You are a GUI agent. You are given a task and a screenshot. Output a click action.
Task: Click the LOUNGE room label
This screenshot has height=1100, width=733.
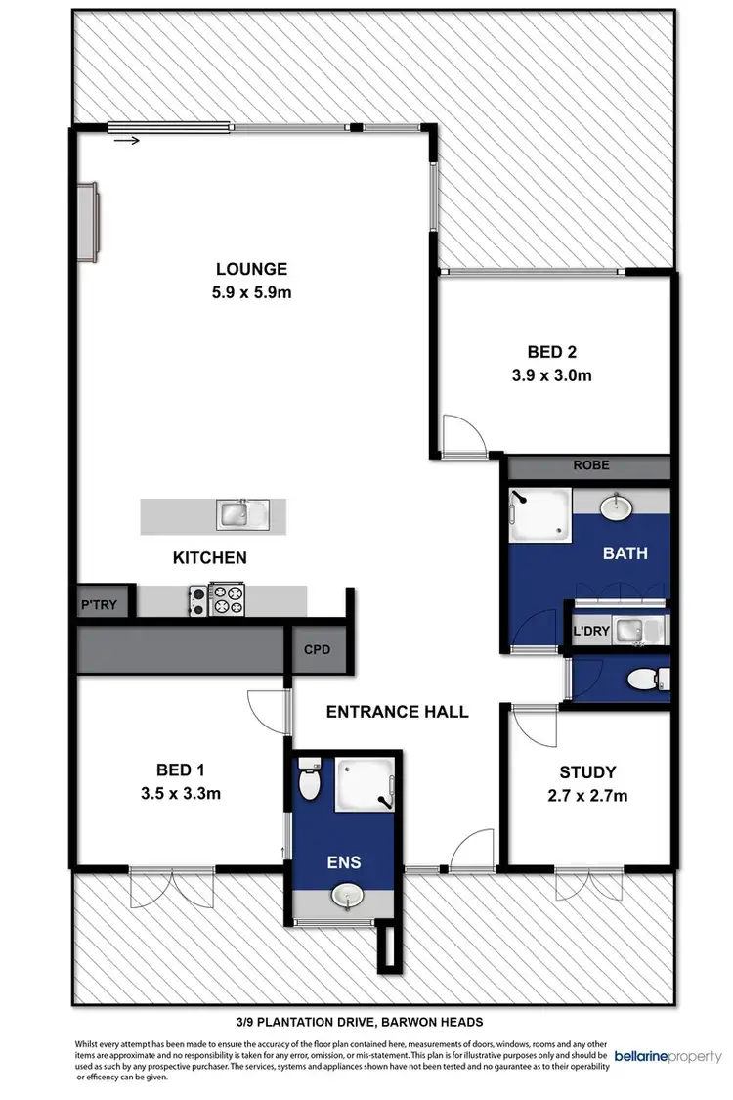[x=251, y=269]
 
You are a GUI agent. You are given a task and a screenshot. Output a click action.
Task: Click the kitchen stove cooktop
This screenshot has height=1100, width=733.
[x=221, y=599]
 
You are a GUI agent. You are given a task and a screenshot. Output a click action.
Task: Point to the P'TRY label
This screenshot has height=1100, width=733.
[x=99, y=605]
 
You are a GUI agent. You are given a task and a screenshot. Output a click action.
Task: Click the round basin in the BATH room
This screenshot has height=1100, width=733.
[x=616, y=507]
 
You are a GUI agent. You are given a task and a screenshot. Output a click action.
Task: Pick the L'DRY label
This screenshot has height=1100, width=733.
[x=591, y=633]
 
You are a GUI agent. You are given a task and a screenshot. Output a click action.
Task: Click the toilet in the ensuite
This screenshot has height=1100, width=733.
[x=310, y=781]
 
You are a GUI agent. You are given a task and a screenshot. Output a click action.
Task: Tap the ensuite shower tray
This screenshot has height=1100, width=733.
[x=364, y=786]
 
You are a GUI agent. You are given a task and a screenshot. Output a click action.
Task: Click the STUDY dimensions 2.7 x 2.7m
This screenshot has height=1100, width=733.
[x=586, y=796]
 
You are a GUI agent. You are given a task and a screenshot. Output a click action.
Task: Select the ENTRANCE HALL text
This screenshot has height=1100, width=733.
[x=397, y=712]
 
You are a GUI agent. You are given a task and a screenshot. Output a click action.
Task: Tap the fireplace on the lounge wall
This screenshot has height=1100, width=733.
[x=90, y=221]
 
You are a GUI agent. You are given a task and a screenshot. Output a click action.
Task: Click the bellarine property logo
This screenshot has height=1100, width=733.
[x=668, y=1057]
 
